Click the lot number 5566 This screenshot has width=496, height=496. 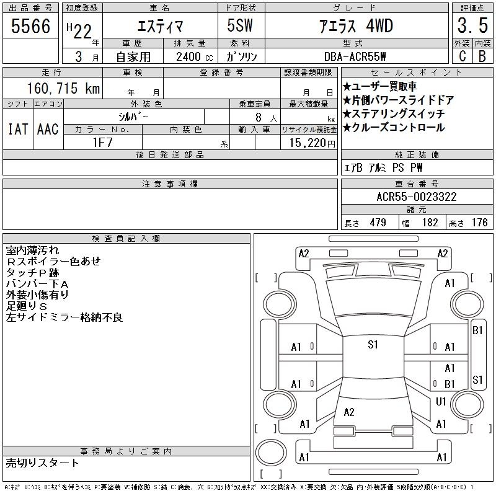click(x=30, y=26)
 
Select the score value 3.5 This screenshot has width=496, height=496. click(x=472, y=25)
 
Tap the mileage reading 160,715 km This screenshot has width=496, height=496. click(x=63, y=88)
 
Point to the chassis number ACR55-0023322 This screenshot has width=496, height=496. click(x=417, y=197)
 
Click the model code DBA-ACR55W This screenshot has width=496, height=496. click(x=355, y=56)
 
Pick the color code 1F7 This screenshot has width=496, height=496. click(x=102, y=143)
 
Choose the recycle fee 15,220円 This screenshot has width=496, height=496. click(x=312, y=143)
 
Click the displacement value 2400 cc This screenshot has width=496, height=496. click(x=195, y=57)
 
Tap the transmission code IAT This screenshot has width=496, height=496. click(x=18, y=129)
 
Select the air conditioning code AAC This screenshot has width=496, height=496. click(x=48, y=129)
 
